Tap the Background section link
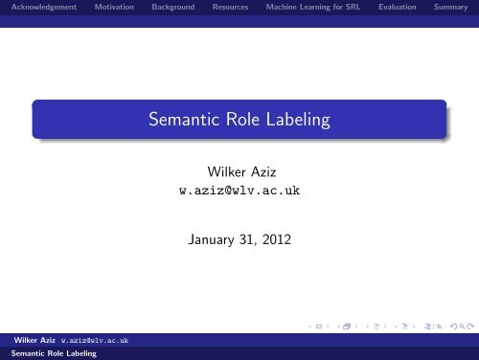point(173,8)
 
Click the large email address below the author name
point(239,191)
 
